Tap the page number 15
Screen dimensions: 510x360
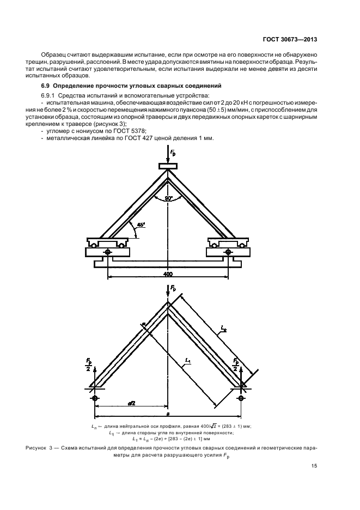pyautogui.click(x=314, y=465)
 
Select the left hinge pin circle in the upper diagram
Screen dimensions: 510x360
pyautogui.click(x=108, y=252)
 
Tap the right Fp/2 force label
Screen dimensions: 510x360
pyautogui.click(x=235, y=365)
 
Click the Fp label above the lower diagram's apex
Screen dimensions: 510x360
pyautogui.click(x=172, y=287)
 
